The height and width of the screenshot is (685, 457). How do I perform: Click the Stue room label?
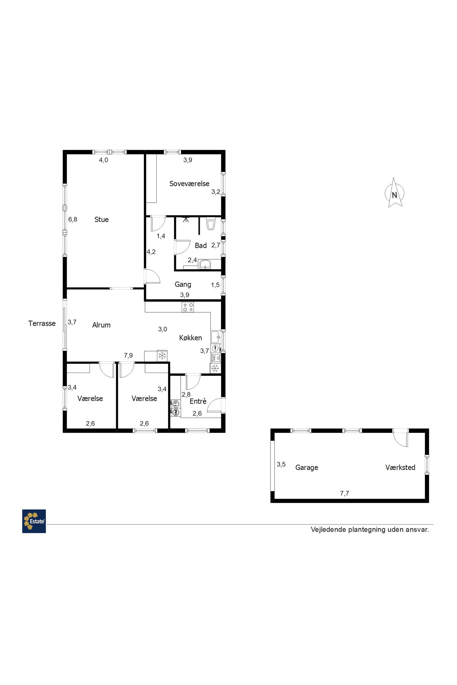pos(101,220)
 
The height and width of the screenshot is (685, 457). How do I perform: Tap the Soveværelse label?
pos(189,184)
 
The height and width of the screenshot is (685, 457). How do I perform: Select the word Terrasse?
pos(42,323)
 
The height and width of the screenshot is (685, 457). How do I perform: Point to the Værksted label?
pos(400,467)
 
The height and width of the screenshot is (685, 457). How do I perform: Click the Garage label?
pos(307,468)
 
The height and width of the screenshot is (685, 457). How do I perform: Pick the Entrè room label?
pos(198,401)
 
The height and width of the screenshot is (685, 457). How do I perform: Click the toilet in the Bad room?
pos(211,223)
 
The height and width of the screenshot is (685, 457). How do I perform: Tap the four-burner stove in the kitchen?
pos(188,307)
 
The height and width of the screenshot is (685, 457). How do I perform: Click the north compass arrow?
pos(394,193)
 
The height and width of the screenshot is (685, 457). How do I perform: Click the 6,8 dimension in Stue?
pos(73,219)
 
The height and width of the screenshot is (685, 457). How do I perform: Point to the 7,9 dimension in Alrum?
pos(128,355)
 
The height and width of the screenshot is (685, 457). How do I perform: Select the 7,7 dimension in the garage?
pos(345,494)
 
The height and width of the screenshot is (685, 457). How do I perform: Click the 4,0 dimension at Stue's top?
pos(104,160)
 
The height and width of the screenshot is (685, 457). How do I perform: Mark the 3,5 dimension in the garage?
pos(281,464)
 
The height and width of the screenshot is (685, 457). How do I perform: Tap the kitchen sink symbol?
pos(216,337)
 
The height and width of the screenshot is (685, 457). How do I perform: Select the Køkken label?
pos(190,338)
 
